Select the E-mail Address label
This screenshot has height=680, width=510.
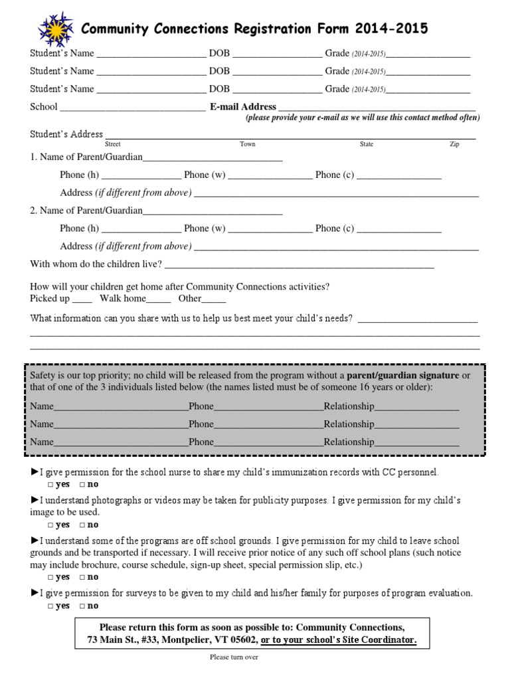click(243, 106)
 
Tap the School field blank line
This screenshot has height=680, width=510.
click(133, 108)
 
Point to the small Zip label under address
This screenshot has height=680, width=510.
click(454, 144)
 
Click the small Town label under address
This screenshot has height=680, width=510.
click(247, 144)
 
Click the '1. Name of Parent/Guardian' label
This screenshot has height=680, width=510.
click(86, 157)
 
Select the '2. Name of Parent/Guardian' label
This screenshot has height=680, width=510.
click(86, 211)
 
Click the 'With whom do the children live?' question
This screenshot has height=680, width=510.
click(96, 264)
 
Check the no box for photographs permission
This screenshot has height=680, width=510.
click(82, 525)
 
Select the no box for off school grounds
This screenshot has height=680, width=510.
click(82, 578)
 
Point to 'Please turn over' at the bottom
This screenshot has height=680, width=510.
click(234, 657)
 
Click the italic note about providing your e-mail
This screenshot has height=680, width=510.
click(363, 118)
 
